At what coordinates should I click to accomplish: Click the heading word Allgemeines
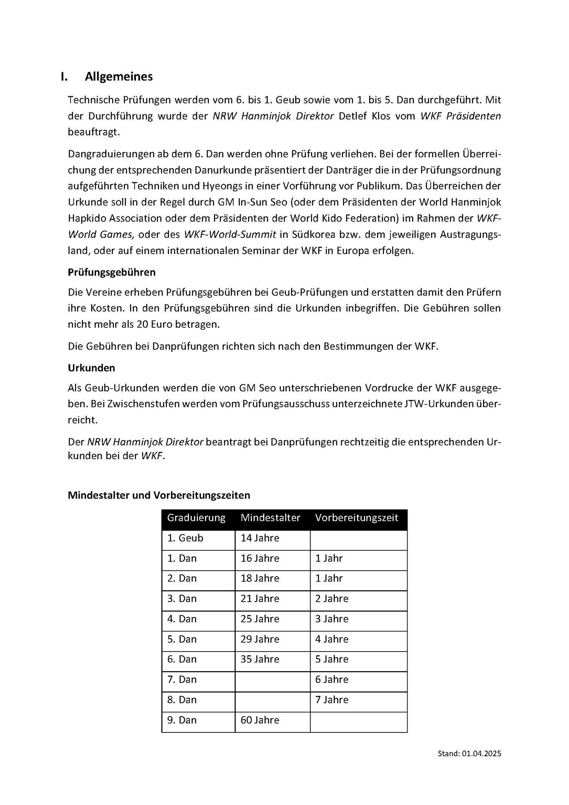119,77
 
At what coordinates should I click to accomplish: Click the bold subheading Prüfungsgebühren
112,273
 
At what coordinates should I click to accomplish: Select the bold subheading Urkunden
91,368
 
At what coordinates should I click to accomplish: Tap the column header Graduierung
196,518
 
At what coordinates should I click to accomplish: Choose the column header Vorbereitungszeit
356,518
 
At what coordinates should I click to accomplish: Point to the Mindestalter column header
270,518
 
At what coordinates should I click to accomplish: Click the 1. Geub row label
185,538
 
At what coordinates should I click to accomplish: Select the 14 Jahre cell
260,538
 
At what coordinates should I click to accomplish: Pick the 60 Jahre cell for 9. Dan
260,720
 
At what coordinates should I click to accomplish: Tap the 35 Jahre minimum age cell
260,660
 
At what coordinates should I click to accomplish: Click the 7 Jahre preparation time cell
332,700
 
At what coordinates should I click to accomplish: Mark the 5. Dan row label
182,639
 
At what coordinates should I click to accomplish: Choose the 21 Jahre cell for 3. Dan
260,599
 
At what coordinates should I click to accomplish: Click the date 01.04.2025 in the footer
482,754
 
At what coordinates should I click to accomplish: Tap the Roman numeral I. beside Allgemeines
64,77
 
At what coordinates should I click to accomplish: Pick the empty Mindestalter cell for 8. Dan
273,700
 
